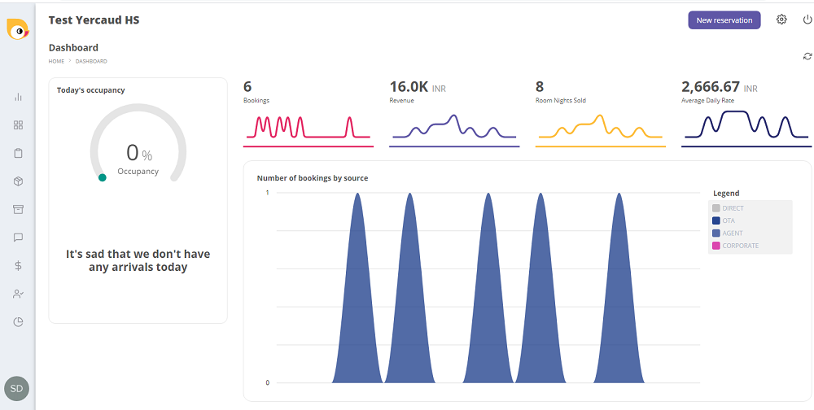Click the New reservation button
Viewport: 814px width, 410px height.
pos(724,20)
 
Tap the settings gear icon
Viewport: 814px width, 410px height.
pos(781,20)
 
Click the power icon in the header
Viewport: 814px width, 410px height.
pos(807,20)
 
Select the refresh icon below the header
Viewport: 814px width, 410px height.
pos(807,56)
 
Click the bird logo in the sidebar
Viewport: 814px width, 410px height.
pos(17,28)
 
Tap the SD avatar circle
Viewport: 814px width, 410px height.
pos(16,389)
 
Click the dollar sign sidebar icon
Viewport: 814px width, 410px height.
pos(18,265)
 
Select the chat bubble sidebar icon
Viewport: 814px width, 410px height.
pos(18,238)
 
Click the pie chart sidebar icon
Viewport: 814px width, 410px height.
pos(18,321)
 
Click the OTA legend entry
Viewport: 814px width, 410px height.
pos(728,220)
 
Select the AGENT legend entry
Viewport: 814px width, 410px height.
pos(732,233)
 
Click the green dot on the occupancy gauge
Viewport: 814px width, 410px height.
pos(102,177)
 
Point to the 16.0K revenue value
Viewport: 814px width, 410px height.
pos(409,87)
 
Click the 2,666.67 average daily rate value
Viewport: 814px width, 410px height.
pos(711,87)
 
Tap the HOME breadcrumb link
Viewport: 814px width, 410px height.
pos(56,61)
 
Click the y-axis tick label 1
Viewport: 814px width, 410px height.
pos(267,193)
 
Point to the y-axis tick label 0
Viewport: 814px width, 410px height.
pos(267,382)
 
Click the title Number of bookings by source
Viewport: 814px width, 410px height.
pos(313,178)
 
